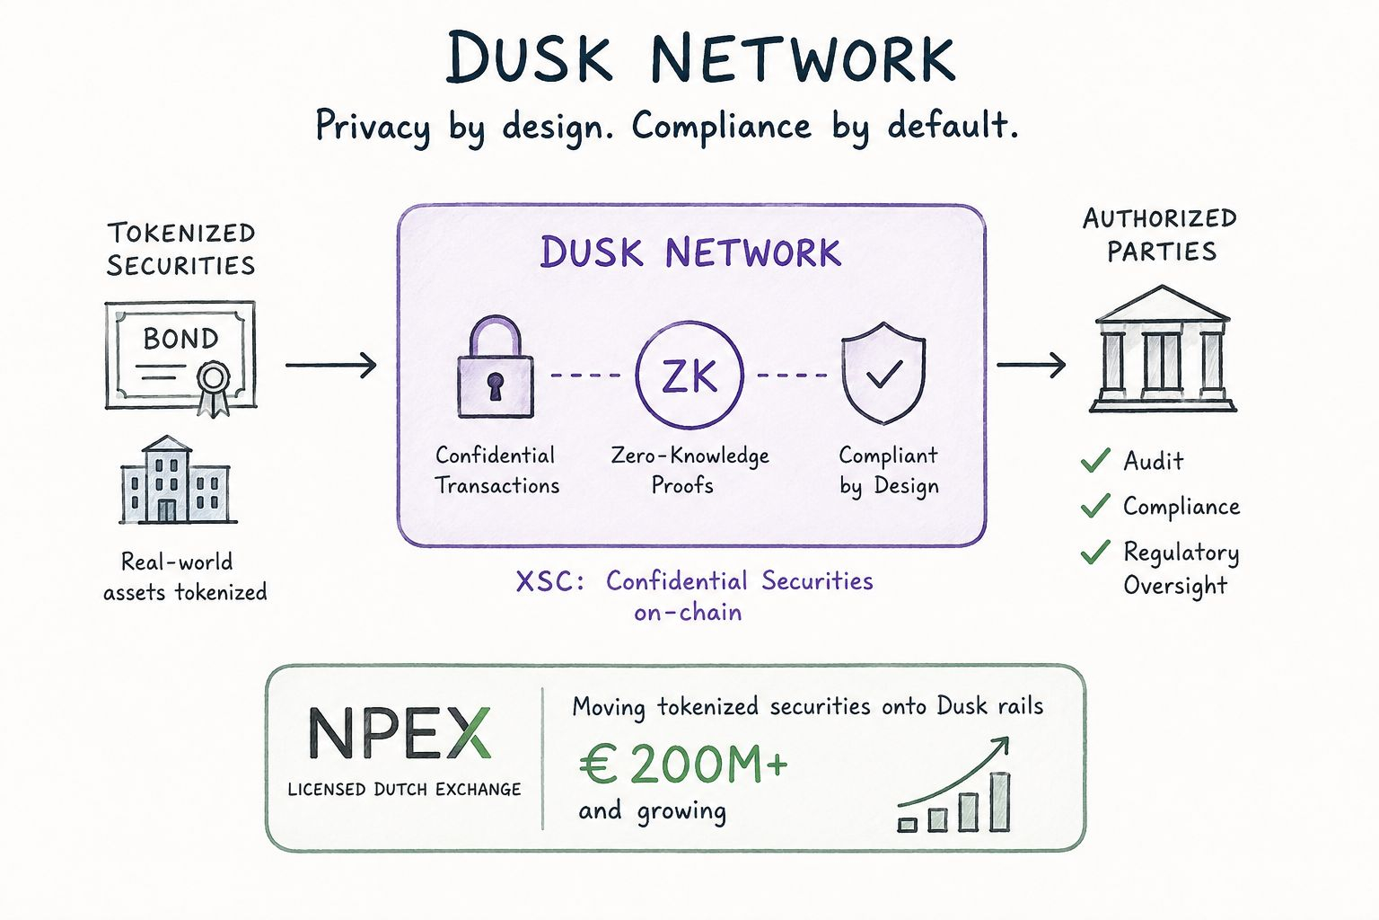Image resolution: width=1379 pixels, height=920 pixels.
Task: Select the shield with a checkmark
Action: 883,373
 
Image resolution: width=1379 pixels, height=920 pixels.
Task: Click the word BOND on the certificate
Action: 181,339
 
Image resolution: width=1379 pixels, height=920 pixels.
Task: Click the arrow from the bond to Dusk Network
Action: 331,366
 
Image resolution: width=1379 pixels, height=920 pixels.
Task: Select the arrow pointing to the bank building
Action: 1032,365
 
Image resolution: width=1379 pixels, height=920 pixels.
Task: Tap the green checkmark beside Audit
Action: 1096,460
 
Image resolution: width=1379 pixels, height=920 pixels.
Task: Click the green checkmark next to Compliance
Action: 1096,506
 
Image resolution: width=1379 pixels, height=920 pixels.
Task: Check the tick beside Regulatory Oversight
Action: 1096,553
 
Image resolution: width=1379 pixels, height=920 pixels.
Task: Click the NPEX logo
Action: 400,732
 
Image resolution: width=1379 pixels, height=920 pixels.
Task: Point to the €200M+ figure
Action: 683,764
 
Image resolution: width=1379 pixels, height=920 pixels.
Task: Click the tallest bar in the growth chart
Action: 1000,801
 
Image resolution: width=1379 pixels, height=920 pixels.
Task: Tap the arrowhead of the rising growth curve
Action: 1002,745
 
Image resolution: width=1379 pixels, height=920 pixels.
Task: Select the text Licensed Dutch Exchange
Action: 405,790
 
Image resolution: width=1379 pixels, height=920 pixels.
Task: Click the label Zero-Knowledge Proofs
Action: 689,471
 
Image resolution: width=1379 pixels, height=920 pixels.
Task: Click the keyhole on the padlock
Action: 496,386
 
